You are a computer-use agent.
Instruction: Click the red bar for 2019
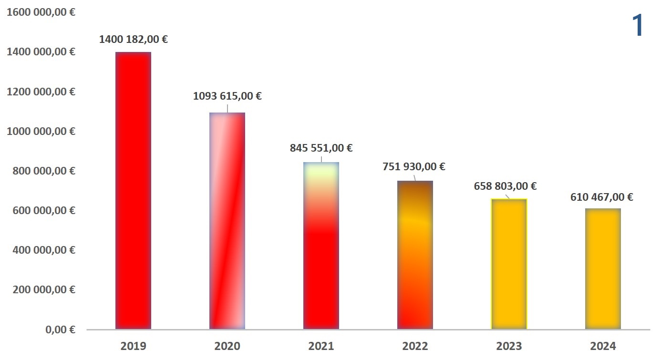pos(133,191)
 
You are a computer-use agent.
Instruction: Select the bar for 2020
pos(227,221)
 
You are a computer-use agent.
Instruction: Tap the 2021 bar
pos(321,246)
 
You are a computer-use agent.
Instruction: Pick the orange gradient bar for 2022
pos(415,255)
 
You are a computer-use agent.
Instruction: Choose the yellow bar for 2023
pos(509,264)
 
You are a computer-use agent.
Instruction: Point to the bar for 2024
pos(603,268)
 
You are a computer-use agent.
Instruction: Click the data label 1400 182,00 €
pos(134,40)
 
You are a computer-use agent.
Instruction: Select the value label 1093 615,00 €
pos(227,96)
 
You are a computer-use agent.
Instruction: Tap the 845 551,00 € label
pos(321,148)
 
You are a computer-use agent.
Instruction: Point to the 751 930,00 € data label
pos(414,167)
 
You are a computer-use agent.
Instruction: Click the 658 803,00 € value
pos(506,186)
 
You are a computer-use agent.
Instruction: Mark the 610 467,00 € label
pos(602,197)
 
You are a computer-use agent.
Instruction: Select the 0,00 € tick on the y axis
pos(60,329)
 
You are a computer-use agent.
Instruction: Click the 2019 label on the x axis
pos(133,346)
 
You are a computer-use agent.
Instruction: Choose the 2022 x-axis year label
pos(415,346)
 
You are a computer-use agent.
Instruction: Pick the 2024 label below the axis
pos(603,346)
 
